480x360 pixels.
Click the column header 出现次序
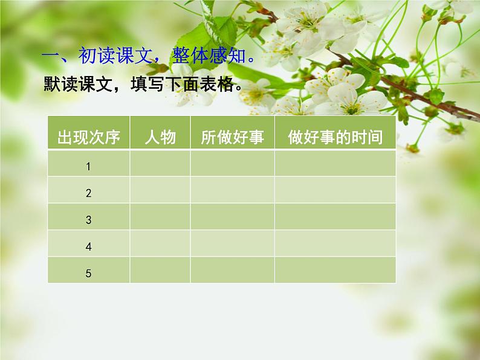click(x=88, y=138)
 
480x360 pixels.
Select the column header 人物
click(x=160, y=138)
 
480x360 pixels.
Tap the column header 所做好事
click(x=232, y=138)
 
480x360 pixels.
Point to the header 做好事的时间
click(x=335, y=138)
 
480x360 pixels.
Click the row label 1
click(x=88, y=167)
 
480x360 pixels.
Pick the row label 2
click(x=88, y=193)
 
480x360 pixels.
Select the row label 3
click(x=88, y=220)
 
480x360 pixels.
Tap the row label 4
click(x=88, y=246)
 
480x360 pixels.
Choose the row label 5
click(x=88, y=273)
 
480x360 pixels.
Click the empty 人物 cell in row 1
click(x=160, y=164)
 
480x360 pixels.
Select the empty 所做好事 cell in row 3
click(x=232, y=217)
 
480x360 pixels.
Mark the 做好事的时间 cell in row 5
click(x=335, y=270)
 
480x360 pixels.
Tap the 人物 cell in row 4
click(x=160, y=243)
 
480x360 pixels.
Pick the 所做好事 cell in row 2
click(x=232, y=190)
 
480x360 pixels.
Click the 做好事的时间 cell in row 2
click(x=335, y=190)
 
